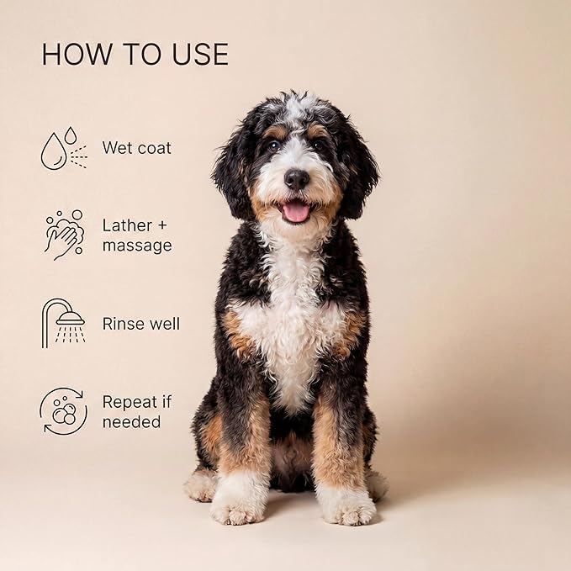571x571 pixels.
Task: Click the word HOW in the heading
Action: pyautogui.click(x=77, y=55)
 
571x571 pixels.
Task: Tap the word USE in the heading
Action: pyautogui.click(x=200, y=55)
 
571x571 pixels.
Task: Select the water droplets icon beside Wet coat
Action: pyautogui.click(x=64, y=148)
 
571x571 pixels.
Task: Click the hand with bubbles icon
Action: pyautogui.click(x=64, y=235)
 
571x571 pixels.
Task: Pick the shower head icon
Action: pyautogui.click(x=63, y=324)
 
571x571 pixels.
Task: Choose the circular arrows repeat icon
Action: pyautogui.click(x=63, y=411)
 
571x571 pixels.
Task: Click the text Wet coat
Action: pyautogui.click(x=136, y=148)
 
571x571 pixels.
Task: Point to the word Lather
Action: pyautogui.click(x=127, y=225)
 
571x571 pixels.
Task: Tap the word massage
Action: pyautogui.click(x=137, y=246)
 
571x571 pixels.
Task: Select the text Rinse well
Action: pyautogui.click(x=141, y=324)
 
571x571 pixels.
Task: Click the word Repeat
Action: pyautogui.click(x=130, y=403)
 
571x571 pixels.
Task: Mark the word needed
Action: pyautogui.click(x=131, y=422)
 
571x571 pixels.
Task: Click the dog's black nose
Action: pyautogui.click(x=296, y=179)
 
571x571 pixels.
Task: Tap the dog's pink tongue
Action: pyautogui.click(x=296, y=213)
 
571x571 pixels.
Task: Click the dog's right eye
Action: pyautogui.click(x=273, y=145)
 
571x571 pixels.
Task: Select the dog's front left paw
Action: pyautogui.click(x=346, y=505)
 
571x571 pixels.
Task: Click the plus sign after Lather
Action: pyautogui.click(x=162, y=225)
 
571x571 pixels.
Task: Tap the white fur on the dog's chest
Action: pyautogui.click(x=291, y=328)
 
